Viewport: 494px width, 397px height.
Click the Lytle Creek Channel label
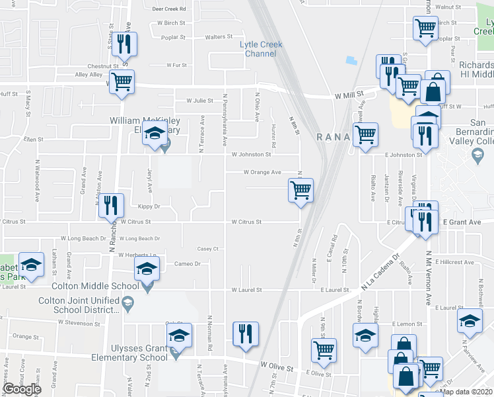click(x=260, y=49)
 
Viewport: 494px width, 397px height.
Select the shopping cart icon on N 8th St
click(x=301, y=191)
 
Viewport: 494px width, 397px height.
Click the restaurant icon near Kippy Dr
click(x=111, y=204)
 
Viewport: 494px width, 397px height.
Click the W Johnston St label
click(x=251, y=154)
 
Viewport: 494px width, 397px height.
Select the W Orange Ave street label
click(x=262, y=172)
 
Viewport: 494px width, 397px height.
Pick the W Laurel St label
click(x=247, y=290)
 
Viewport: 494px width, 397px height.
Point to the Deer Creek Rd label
click(x=169, y=9)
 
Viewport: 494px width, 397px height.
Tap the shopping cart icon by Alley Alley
click(x=122, y=82)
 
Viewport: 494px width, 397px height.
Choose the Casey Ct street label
click(x=207, y=249)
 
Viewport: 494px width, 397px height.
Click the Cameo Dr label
click(x=187, y=263)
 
